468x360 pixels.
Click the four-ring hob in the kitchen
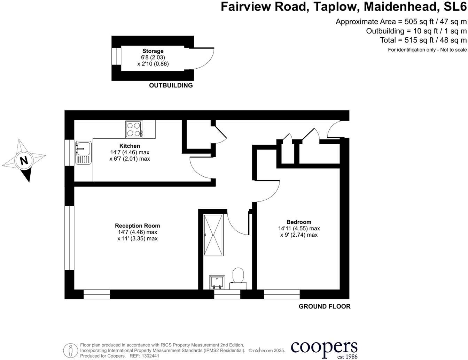pyautogui.click(x=134, y=129)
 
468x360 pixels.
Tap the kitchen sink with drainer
pyautogui.click(x=83, y=153)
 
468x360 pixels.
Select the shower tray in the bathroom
pyautogui.click(x=213, y=235)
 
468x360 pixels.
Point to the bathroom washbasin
pyautogui.click(x=217, y=282)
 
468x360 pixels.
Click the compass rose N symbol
pyautogui.click(x=24, y=161)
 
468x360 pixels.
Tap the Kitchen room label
pyautogui.click(x=130, y=146)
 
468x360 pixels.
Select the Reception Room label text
pyautogui.click(x=137, y=226)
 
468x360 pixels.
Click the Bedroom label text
pyautogui.click(x=299, y=222)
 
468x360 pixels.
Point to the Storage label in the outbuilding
pyautogui.click(x=153, y=51)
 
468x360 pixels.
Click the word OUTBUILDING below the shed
pyautogui.click(x=171, y=85)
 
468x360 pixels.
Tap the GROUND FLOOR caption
pyautogui.click(x=325, y=306)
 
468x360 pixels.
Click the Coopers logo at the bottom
pyautogui.click(x=324, y=349)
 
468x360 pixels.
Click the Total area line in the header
pyautogui.click(x=423, y=40)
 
